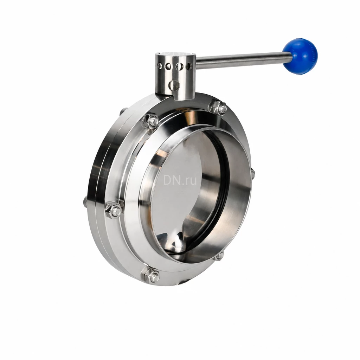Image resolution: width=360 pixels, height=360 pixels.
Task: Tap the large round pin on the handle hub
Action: point(174,85)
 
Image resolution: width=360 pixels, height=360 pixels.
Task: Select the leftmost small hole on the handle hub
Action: point(159,66)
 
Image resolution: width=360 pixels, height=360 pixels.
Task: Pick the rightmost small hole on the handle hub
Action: point(189,66)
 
